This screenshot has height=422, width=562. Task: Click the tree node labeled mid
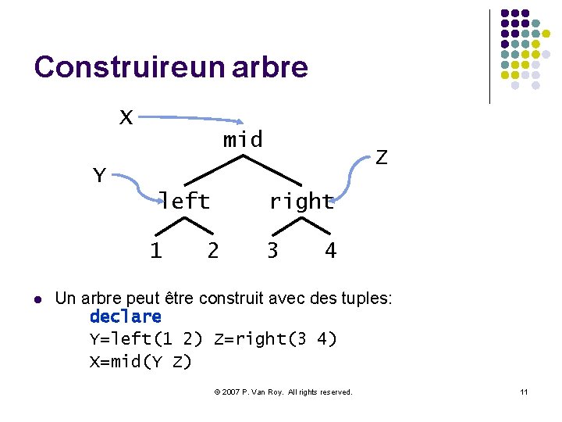pos(243,140)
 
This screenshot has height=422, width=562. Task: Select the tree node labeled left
pos(185,201)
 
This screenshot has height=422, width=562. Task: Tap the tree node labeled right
pos(301,201)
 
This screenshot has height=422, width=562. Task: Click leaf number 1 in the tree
pos(156,250)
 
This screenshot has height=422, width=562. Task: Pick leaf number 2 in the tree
pos(212,250)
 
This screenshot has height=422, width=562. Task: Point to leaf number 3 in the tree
pos(272,250)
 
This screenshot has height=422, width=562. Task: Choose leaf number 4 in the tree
pos(330,250)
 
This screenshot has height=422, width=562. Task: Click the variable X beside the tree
pos(126,117)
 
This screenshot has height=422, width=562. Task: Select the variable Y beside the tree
pos(99,176)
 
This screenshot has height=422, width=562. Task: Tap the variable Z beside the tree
pos(381,157)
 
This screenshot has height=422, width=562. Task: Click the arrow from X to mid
pos(191,119)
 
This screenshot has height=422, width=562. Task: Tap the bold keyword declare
pos(126,316)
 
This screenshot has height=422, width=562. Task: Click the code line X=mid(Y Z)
pos(140,361)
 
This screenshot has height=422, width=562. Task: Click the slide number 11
pos(525,392)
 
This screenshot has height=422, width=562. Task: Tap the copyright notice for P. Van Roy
pos(283,392)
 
